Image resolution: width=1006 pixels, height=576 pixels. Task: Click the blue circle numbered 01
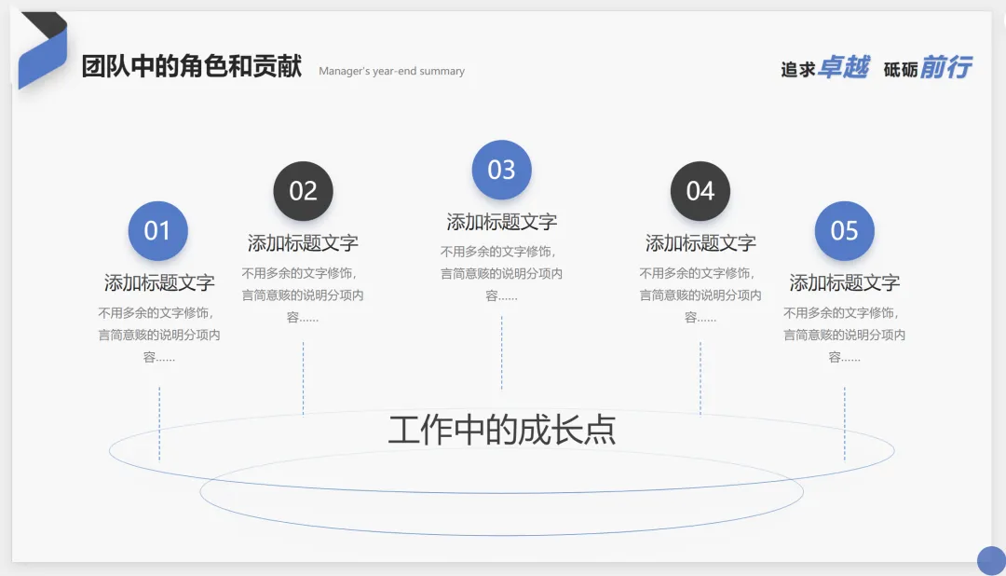[x=157, y=230]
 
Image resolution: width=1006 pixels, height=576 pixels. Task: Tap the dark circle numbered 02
[x=303, y=191]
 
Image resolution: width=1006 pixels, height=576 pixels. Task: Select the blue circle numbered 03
[x=501, y=170]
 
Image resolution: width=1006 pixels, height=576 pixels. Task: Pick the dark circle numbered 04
[x=700, y=191]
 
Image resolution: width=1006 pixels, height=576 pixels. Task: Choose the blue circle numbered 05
[x=844, y=230]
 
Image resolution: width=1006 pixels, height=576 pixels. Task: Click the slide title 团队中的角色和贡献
[x=192, y=67]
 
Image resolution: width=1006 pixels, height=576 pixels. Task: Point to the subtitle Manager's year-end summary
[x=391, y=71]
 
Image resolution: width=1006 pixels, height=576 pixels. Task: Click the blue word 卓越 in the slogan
[x=843, y=68]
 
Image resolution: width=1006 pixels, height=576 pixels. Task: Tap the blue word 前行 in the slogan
[x=945, y=68]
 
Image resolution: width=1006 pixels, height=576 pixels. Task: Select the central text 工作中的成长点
[x=502, y=431]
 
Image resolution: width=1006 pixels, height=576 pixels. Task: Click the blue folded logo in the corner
[x=42, y=51]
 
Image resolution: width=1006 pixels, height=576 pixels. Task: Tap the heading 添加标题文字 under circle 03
[x=501, y=222]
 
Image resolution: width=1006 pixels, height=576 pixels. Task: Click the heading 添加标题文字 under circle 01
[x=159, y=282]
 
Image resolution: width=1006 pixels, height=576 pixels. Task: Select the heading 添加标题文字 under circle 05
[x=844, y=282]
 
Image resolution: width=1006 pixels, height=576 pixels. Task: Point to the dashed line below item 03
[x=501, y=352]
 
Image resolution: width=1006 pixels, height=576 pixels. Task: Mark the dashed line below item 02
[x=303, y=377]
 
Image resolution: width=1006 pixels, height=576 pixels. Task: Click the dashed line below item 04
[x=700, y=377]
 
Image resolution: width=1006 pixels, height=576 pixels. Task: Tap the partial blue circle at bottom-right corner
[x=992, y=561]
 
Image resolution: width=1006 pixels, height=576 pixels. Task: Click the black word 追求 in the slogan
[x=798, y=70]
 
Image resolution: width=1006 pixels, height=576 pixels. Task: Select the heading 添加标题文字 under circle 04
[x=700, y=243]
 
